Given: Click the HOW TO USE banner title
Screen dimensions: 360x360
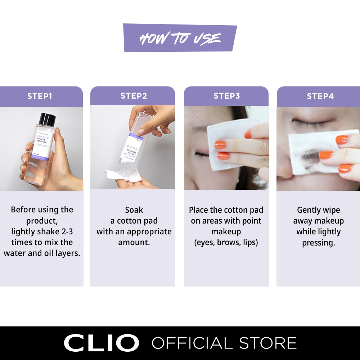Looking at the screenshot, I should pos(180,38).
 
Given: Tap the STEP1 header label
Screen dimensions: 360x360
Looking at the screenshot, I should pos(40,96).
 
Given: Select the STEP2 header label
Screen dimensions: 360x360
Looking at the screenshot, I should pos(134,96).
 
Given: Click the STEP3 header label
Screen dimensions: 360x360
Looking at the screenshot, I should pos(226,96).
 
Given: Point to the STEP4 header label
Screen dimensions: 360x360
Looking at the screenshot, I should pos(320,96).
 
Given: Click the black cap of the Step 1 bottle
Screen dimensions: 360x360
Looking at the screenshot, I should pos(48,119).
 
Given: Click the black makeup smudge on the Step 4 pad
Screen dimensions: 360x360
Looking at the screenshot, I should pos(308,156).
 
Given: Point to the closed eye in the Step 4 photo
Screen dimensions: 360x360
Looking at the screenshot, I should pos(308,124).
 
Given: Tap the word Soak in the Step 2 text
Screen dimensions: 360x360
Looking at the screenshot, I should pos(134,210).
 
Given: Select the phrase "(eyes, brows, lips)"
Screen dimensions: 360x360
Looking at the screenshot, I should pos(226,242).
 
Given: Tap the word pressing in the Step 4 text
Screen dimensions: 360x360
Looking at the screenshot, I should pos(318,243).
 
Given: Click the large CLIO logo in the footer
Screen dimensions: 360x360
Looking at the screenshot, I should pos(101,343).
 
